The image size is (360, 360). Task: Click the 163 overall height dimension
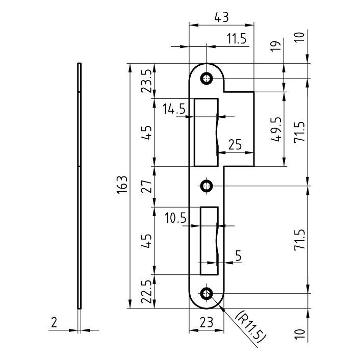[122, 185]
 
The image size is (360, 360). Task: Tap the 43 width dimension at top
[221, 17]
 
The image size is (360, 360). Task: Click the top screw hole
[207, 79]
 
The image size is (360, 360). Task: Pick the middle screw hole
[207, 186]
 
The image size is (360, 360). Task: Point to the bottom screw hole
[207, 293]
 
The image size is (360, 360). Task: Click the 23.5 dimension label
[146, 81]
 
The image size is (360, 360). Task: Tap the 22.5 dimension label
[146, 292]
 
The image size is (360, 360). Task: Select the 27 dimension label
[146, 186]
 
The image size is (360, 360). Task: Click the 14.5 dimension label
[174, 109]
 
